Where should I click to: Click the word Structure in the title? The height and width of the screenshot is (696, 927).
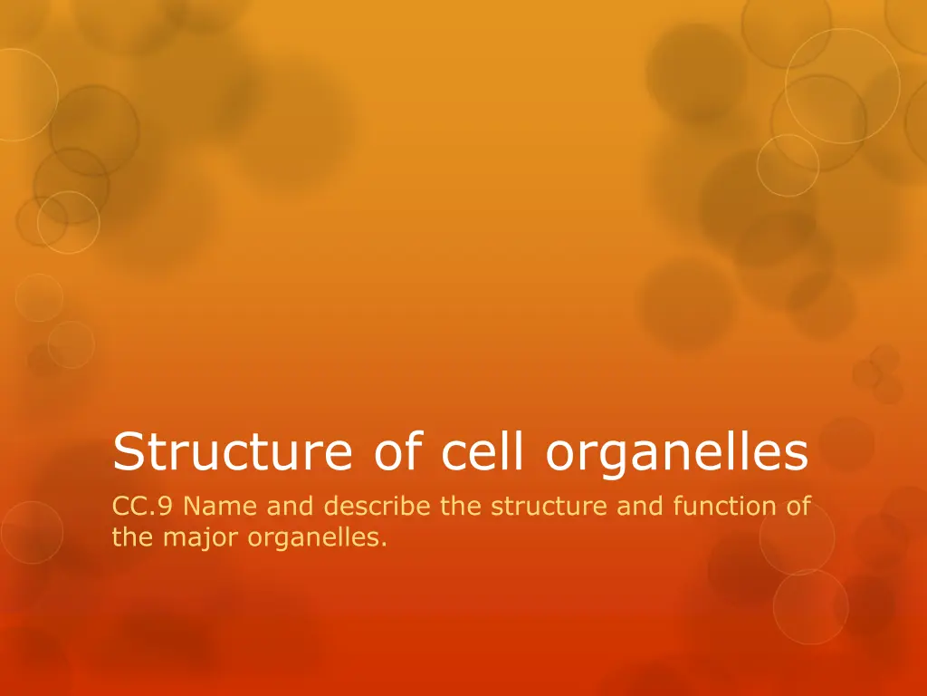pos(230,453)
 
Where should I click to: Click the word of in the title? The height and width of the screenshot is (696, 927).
pos(393,453)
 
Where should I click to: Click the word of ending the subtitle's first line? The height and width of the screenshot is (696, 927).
pos(798,507)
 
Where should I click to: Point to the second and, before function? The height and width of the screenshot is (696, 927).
pos(641,507)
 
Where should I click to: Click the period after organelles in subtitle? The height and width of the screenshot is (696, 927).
pos(385,544)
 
